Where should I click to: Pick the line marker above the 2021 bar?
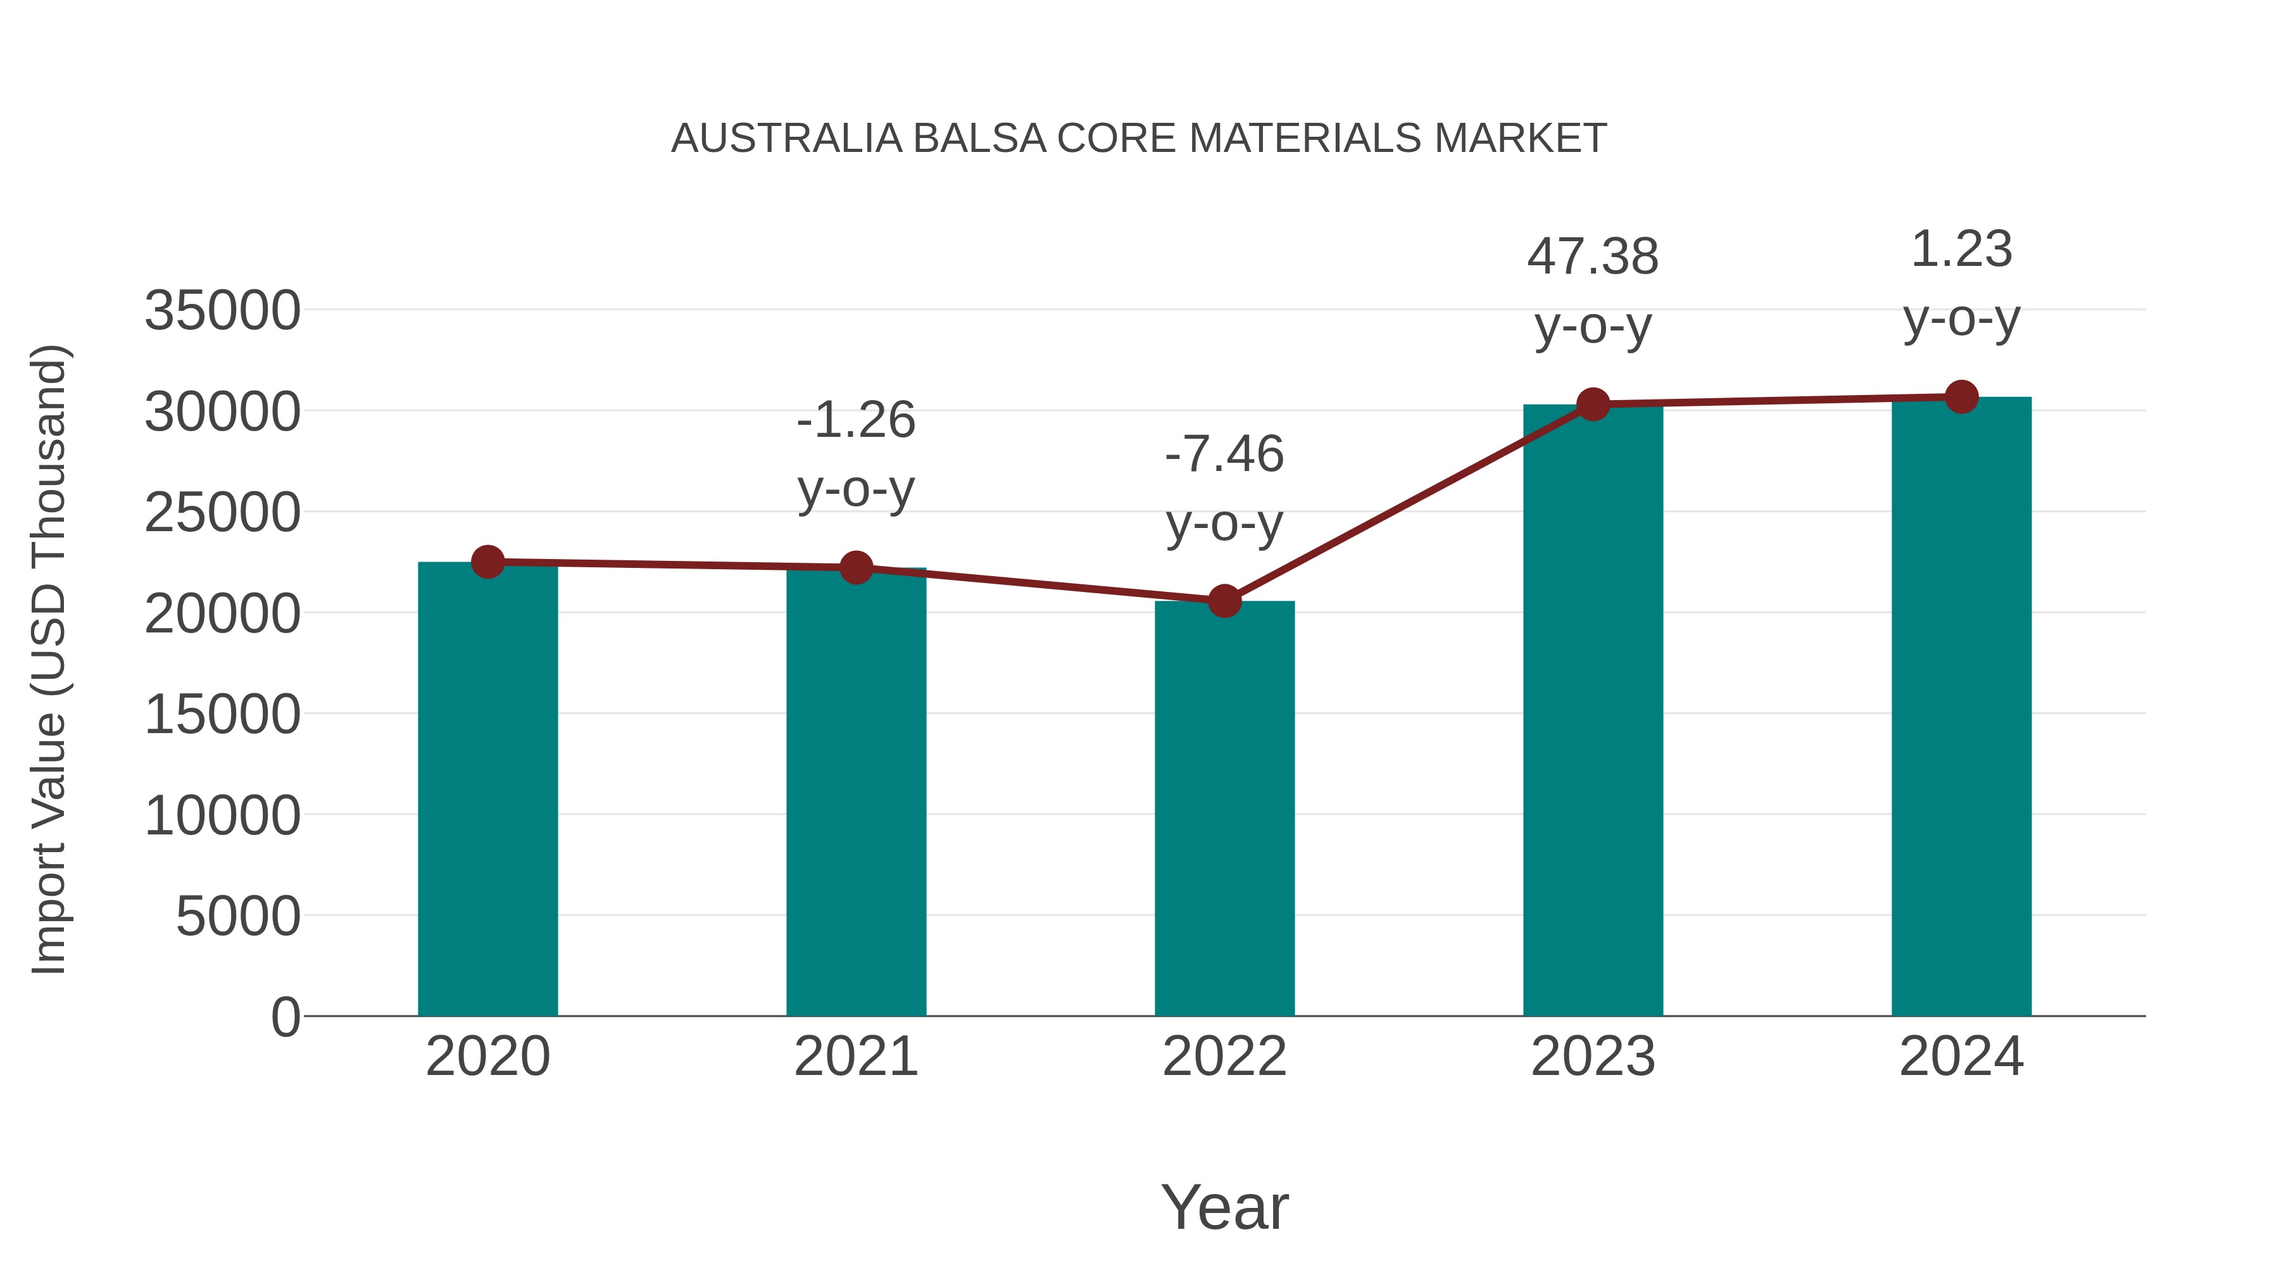pyautogui.click(x=855, y=567)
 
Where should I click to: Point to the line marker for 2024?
pyautogui.click(x=1961, y=397)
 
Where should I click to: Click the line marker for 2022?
pyautogui.click(x=1224, y=601)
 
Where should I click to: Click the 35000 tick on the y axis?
pyautogui.click(x=222, y=311)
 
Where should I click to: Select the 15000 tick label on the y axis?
pyautogui.click(x=222, y=715)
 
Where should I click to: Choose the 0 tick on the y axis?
pyautogui.click(x=285, y=1017)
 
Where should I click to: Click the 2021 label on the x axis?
pyautogui.click(x=855, y=1057)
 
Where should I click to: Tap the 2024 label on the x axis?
pyautogui.click(x=1961, y=1057)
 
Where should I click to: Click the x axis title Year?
pyautogui.click(x=1224, y=1207)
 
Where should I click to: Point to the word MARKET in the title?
pyautogui.click(x=1520, y=139)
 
